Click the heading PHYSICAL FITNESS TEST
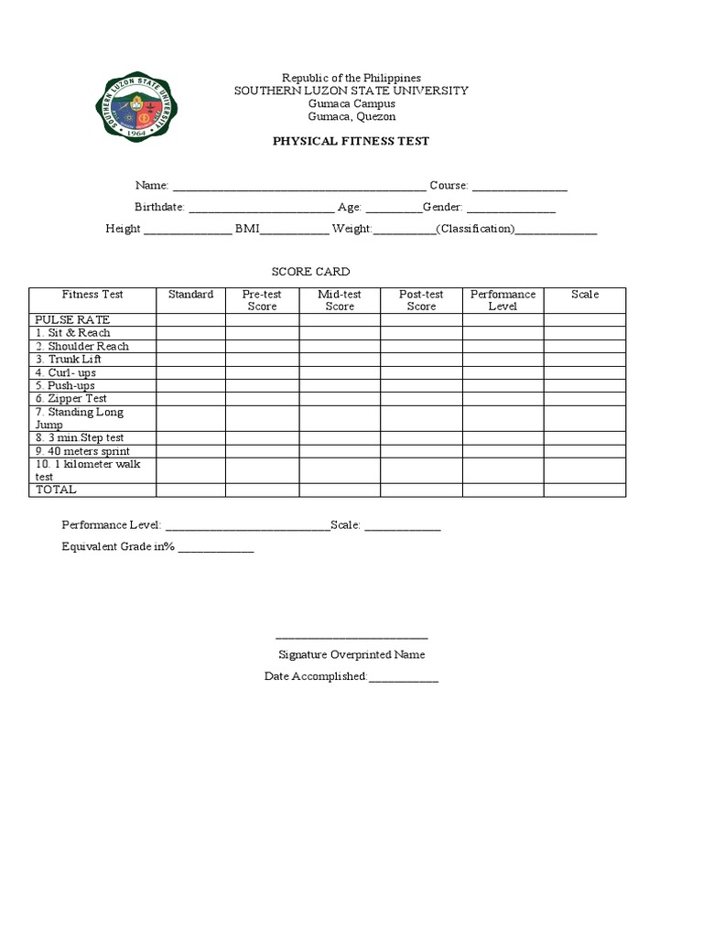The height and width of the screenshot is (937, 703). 351,141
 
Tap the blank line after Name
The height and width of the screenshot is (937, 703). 298,187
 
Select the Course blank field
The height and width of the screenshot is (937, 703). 519,187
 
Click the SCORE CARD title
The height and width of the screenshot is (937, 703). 310,272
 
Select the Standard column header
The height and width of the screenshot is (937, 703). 190,295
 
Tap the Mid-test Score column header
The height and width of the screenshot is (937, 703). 340,300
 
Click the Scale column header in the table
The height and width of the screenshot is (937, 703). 584,295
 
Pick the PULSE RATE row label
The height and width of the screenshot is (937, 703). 72,320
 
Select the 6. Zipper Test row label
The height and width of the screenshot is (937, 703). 71,399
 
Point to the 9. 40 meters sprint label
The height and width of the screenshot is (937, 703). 82,451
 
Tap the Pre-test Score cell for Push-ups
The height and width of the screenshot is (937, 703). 262,386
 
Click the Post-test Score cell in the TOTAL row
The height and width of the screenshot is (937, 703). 421,490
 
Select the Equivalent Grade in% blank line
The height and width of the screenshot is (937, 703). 216,548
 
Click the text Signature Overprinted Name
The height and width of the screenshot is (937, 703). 351,655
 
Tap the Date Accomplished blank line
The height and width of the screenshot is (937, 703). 404,678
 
